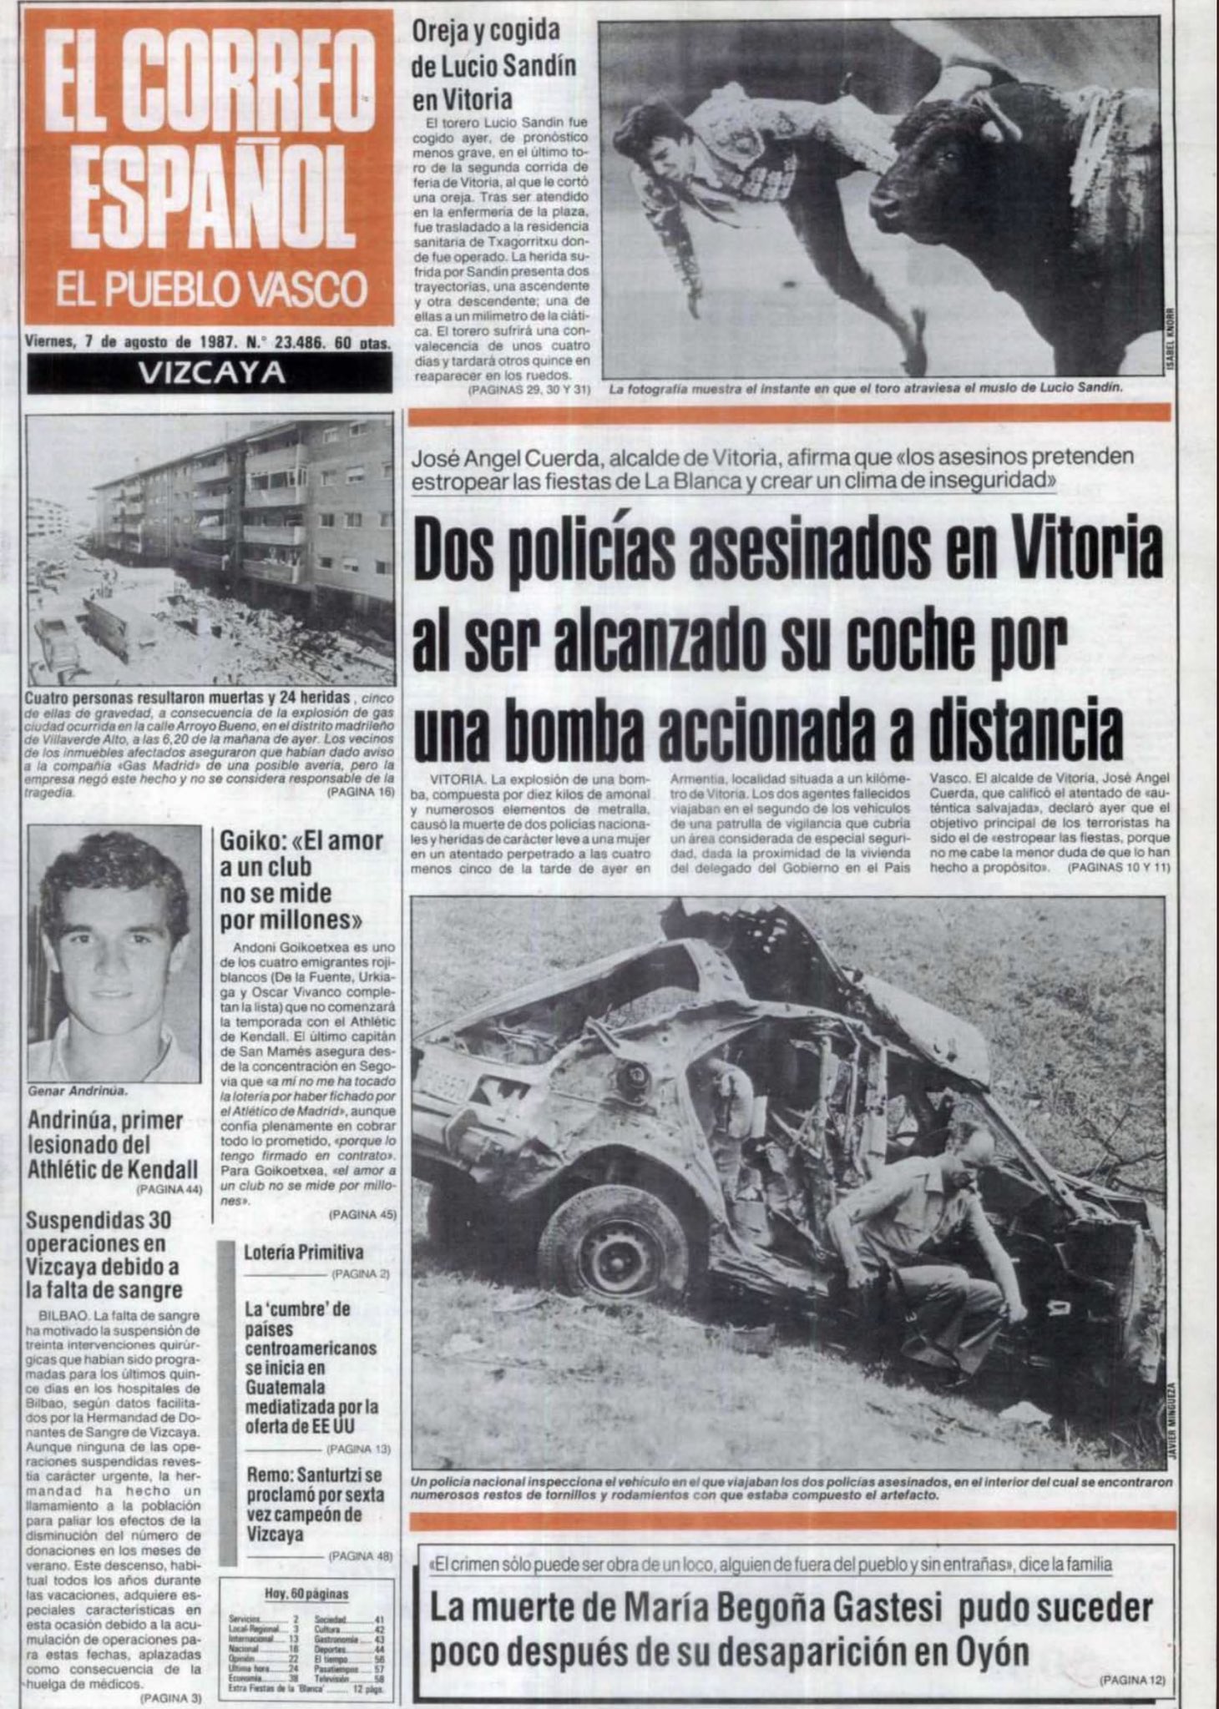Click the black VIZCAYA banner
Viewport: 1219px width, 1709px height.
coord(210,372)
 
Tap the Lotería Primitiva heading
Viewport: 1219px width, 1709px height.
coord(303,1253)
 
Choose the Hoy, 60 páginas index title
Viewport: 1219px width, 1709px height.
coord(306,1593)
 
